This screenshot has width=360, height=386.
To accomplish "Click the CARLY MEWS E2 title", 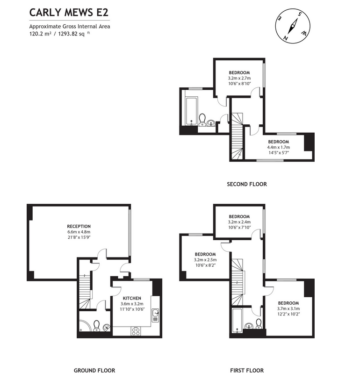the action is pyautogui.click(x=69, y=13).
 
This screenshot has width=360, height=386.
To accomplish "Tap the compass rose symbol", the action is pyautogui.click(x=293, y=26).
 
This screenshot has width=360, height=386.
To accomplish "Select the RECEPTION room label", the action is pyautogui.click(x=79, y=226).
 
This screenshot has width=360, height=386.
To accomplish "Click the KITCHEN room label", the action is pyautogui.click(x=132, y=298).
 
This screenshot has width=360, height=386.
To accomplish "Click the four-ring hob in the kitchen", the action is pyautogui.click(x=136, y=331).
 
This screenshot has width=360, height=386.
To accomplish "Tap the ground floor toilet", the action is pyautogui.click(x=96, y=326).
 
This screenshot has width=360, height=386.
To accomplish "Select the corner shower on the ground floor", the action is pyautogui.click(x=85, y=326).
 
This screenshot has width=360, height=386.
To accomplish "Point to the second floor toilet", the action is pyautogui.click(x=202, y=120).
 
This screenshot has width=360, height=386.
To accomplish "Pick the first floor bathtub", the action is pyautogui.click(x=238, y=321).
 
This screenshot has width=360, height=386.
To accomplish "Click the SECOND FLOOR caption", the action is pyautogui.click(x=247, y=184).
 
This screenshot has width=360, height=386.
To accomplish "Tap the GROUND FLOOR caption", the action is pyautogui.click(x=94, y=371).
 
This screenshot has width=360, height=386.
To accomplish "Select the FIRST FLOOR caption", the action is pyautogui.click(x=247, y=371).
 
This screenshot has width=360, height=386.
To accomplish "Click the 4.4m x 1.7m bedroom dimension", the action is pyautogui.click(x=279, y=147).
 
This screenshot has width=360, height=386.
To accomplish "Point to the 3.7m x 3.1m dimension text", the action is pyautogui.click(x=288, y=308).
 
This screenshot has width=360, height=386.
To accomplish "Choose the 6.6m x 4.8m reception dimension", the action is pyautogui.click(x=79, y=232).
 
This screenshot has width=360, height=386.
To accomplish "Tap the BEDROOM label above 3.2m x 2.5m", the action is pyautogui.click(x=205, y=254).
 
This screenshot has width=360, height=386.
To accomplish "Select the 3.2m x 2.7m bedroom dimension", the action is pyautogui.click(x=239, y=78).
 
